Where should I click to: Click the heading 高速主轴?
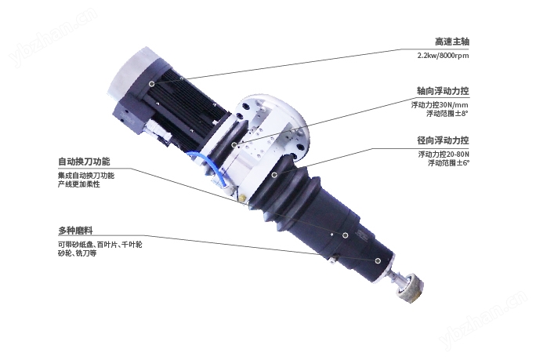click(x=452, y=42)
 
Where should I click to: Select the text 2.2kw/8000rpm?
click(x=444, y=56)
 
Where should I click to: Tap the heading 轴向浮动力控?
click(x=443, y=90)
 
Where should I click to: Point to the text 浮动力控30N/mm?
click(x=440, y=104)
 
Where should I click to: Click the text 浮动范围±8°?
click(x=447, y=114)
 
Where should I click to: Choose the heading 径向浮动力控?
click(x=443, y=140)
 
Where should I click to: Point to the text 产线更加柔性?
click(x=79, y=184)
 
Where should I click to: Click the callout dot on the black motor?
click(x=151, y=82)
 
